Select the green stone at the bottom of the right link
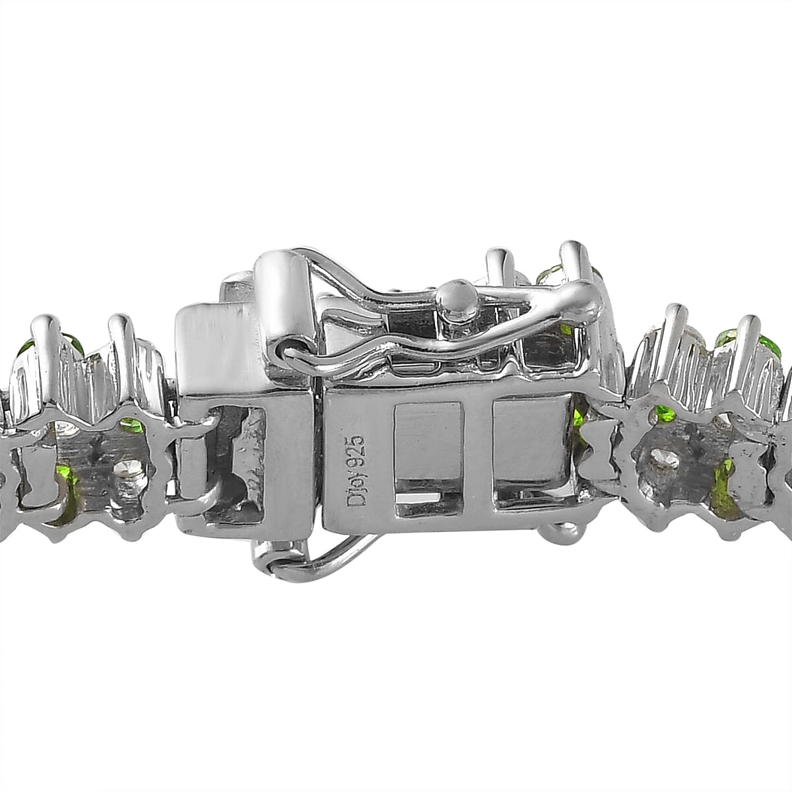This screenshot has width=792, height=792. click(723, 488)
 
